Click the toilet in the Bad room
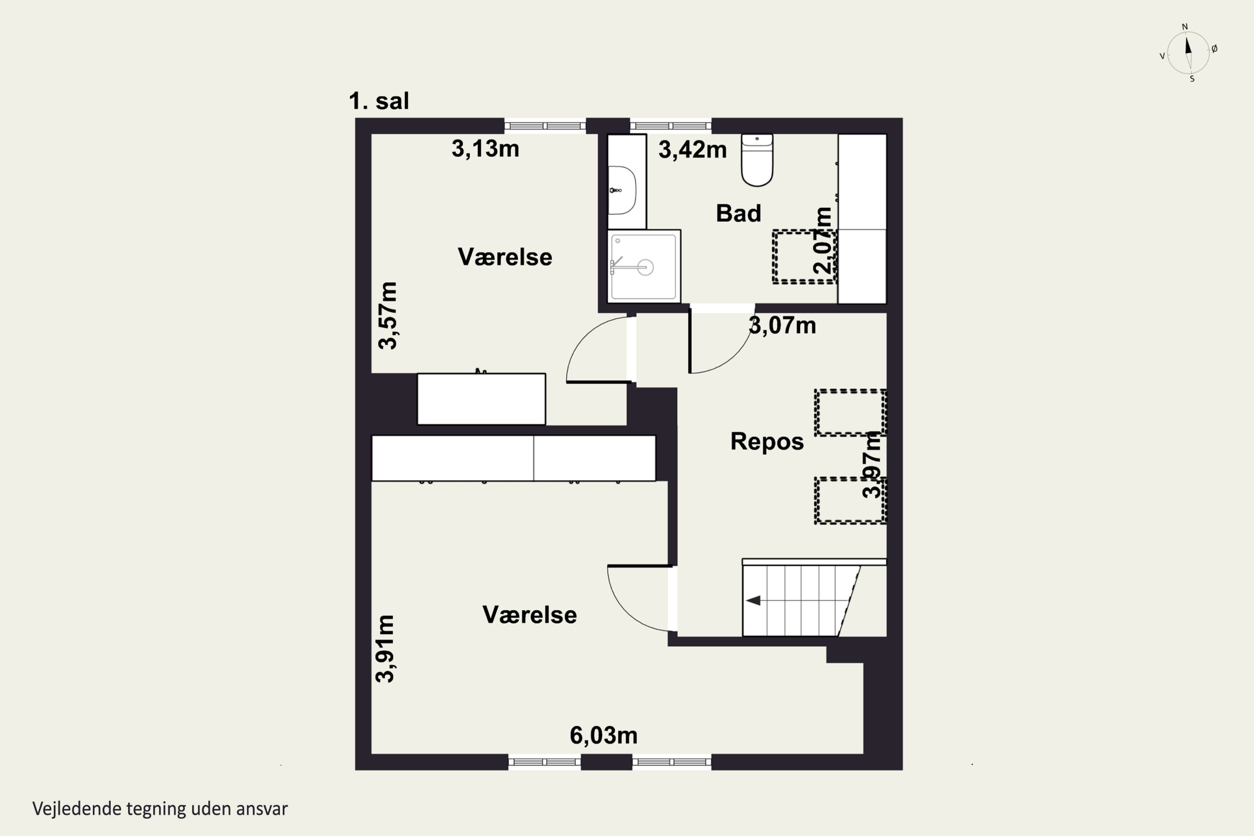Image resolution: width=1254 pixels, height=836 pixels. [x=757, y=160]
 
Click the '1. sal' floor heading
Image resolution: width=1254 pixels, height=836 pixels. [x=379, y=101]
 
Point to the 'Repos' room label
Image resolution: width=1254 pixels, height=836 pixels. [x=767, y=441]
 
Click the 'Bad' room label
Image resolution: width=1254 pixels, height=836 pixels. [x=739, y=213]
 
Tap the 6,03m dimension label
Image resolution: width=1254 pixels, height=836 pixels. [x=604, y=736]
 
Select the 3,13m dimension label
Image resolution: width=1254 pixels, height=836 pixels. [x=485, y=149]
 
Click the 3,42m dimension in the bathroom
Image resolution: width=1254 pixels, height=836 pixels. [x=693, y=150]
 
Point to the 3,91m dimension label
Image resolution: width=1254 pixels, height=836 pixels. [x=385, y=648]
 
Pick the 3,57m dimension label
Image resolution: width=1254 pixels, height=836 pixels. [x=387, y=316]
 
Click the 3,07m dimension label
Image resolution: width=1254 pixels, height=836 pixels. [x=782, y=325]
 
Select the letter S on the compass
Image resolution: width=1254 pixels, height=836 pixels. [x=1192, y=79]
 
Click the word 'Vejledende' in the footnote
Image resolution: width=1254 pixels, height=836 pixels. [x=77, y=809]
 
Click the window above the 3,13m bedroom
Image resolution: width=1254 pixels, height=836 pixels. [x=545, y=126]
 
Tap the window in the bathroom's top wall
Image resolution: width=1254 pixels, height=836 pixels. [x=671, y=126]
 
